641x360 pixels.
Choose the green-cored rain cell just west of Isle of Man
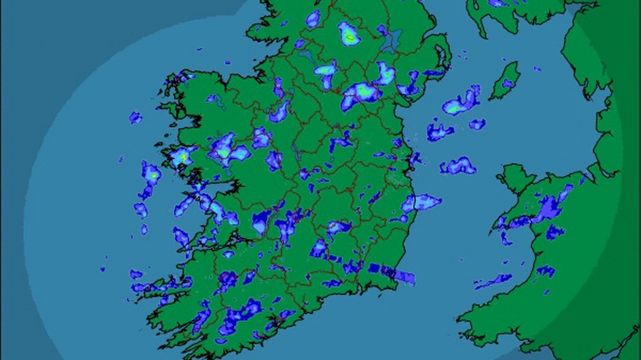coord(462,101)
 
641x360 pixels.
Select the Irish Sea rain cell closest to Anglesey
coord(458,167)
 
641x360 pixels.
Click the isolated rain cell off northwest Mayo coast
coord(135,117)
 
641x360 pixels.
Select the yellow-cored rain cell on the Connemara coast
coord(183,156)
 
